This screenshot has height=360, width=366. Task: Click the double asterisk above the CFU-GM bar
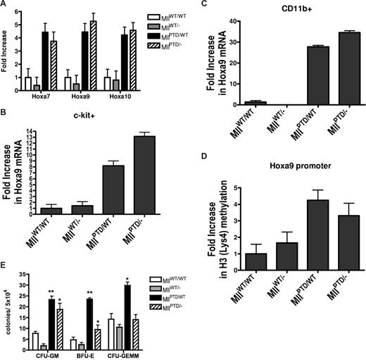(51, 292)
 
